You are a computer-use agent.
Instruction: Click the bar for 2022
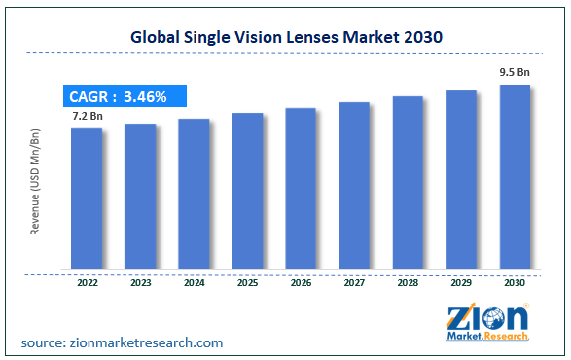[x=87, y=198]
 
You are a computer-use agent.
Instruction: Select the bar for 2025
[x=247, y=191]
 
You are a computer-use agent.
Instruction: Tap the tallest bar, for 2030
[x=515, y=177]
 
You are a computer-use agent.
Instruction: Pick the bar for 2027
[x=354, y=186]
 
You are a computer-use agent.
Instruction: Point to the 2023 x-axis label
[x=141, y=283]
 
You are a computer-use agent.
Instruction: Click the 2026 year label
[x=302, y=283]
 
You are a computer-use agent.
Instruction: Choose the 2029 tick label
[x=461, y=283]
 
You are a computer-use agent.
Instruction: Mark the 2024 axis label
[x=195, y=283]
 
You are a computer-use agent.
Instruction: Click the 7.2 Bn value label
[x=88, y=116]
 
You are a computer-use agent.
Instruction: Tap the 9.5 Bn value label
[x=515, y=72]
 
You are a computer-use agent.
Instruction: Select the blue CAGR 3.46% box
[x=125, y=95]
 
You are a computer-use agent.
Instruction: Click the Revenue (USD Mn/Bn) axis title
[x=35, y=182]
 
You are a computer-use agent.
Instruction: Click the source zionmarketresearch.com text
[x=122, y=342]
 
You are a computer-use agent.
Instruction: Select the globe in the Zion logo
[x=493, y=318]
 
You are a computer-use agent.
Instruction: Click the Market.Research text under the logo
[x=487, y=336]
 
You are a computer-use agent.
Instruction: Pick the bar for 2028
[x=408, y=183]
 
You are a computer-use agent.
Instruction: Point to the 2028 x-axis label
[x=408, y=283]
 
